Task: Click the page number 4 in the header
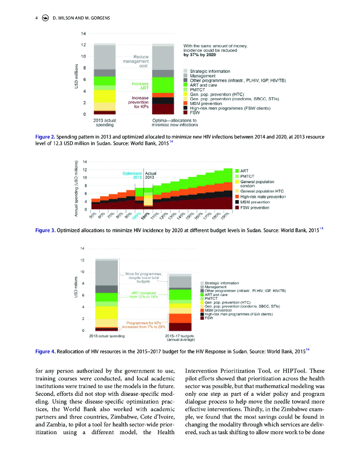pyautogui.click(x=37, y=19)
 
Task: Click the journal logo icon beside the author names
pyautogui.click(x=45, y=19)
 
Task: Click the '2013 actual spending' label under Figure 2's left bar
pyautogui.click(x=104, y=122)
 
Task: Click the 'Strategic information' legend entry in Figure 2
pyautogui.click(x=210, y=71)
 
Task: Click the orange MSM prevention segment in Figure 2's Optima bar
pyautogui.click(x=163, y=95)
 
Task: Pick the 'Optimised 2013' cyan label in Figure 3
pyautogui.click(x=133, y=175)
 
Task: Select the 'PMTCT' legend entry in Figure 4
pyautogui.click(x=211, y=298)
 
